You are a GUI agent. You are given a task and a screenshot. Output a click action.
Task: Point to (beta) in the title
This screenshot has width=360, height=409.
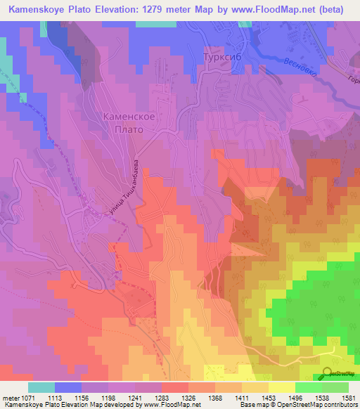coord(337,9)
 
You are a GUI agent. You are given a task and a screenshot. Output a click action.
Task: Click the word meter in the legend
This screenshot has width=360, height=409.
coord(11,396)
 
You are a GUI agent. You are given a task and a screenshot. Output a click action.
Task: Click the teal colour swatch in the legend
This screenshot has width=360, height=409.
coord(41,387)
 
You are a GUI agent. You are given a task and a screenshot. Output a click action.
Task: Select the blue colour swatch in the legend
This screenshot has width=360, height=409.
coord(68,387)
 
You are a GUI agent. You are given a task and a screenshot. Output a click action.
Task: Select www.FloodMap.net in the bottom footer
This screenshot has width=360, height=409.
coord(162,405)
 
